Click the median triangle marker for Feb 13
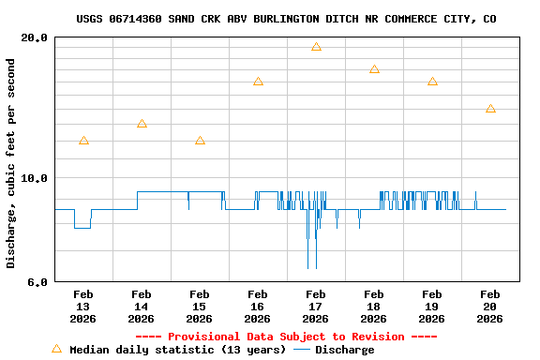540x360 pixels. [83, 141]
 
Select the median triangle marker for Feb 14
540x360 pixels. [142, 124]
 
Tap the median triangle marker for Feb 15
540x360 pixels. [200, 141]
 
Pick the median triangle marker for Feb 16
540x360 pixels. [258, 82]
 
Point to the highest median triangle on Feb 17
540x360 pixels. [316, 47]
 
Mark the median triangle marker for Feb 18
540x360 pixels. [374, 69]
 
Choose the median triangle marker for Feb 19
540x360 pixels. [432, 82]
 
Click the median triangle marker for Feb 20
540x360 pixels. [490, 109]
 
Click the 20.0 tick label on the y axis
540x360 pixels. [34, 38]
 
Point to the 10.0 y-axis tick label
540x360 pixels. [34, 178]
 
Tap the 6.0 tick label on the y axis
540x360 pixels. [37, 281]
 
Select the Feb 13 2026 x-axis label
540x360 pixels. [83, 307]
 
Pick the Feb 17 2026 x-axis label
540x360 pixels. [316, 307]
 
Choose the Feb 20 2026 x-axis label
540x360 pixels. [490, 307]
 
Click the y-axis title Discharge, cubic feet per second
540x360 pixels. [11, 163]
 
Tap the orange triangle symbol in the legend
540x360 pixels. [56, 349]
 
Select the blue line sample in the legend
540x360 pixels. [302, 350]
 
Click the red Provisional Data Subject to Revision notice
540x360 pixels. [286, 337]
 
